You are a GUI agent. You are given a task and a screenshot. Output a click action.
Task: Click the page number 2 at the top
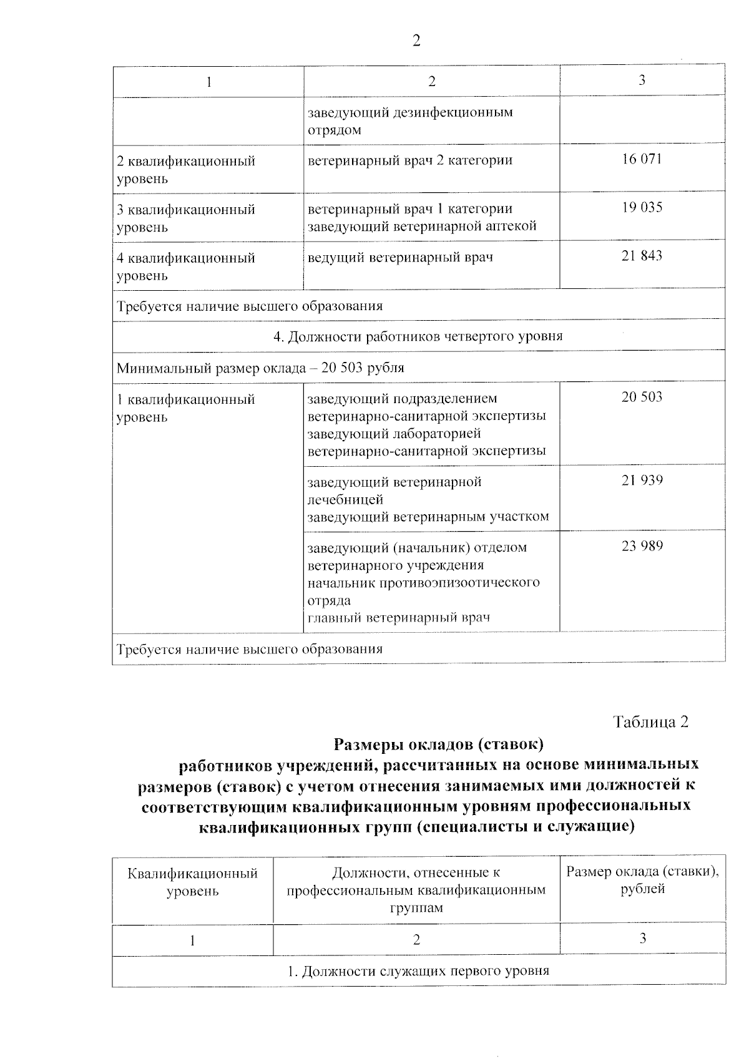point(416,41)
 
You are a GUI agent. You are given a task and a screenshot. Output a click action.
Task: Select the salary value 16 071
point(642,159)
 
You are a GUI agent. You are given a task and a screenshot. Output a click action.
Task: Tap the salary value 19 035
point(642,208)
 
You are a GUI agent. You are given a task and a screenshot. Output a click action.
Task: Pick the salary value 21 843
point(642,256)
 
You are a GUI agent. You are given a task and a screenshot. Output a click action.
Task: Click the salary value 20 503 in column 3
point(642,398)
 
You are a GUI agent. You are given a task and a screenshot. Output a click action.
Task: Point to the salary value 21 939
point(642,481)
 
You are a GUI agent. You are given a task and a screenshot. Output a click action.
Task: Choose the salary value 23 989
point(642,547)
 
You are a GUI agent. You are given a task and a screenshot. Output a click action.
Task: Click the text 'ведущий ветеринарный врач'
point(400,257)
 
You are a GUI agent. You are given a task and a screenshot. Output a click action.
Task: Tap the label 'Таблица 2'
point(650,722)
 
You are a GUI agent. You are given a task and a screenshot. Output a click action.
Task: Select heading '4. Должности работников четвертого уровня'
point(418,336)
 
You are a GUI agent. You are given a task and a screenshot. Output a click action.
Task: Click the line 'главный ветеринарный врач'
point(399,618)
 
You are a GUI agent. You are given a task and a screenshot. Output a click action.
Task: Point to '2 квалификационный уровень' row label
point(186,170)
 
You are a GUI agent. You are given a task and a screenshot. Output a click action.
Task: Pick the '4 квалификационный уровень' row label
point(186,266)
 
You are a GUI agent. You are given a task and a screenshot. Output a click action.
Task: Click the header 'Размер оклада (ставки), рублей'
point(642,880)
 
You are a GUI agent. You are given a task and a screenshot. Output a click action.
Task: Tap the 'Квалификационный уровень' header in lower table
point(192,882)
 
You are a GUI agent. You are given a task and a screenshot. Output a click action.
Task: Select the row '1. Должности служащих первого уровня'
point(418,971)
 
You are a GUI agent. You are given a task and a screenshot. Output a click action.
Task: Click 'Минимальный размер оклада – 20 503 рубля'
point(260,368)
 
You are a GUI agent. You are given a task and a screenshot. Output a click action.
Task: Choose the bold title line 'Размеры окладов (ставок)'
point(439,744)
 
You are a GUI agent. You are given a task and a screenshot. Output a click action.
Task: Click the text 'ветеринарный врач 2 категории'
point(410,160)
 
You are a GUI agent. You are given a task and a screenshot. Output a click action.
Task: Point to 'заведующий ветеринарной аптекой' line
point(422,226)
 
